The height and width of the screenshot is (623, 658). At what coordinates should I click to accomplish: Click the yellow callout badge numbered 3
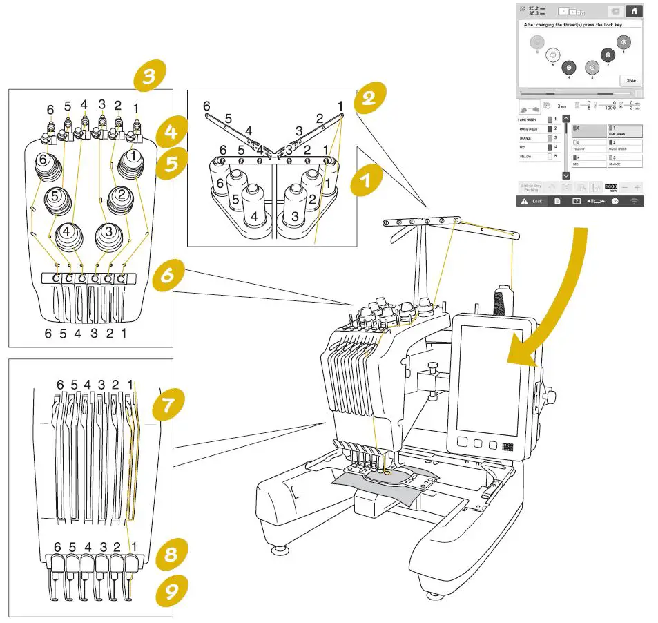tap(149, 77)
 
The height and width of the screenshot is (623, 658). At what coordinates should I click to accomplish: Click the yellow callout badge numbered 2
tap(369, 97)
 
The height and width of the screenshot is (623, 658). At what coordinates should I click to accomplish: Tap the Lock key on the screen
tap(532, 200)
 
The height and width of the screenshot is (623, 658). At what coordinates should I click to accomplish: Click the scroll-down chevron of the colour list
tap(566, 176)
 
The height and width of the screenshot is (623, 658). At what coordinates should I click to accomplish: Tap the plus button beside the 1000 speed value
tap(637, 187)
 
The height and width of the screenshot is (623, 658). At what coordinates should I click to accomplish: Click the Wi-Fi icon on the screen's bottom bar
tap(634, 200)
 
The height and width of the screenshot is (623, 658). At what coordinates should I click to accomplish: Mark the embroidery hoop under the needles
tap(391, 477)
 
